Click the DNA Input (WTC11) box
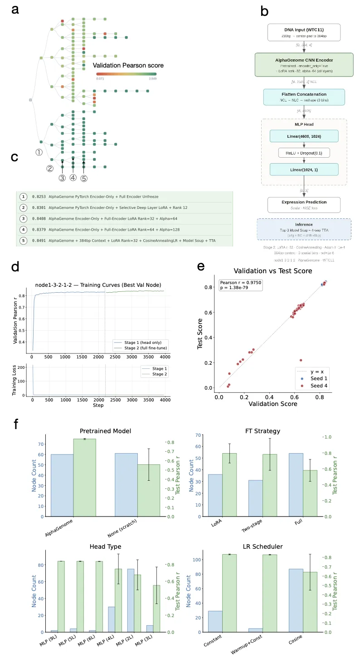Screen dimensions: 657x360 pyautogui.click(x=304, y=33)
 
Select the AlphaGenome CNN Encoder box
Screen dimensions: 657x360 pyautogui.click(x=304, y=65)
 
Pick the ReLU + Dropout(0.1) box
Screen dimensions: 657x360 pyautogui.click(x=304, y=153)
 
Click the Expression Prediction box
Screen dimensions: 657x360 pyautogui.click(x=304, y=205)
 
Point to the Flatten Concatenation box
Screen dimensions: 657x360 pyautogui.click(x=304, y=97)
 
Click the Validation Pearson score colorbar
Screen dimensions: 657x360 pyautogui.click(x=126, y=73)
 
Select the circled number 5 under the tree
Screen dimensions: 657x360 pyautogui.click(x=84, y=179)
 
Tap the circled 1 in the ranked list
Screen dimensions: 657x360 pyautogui.click(x=22, y=197)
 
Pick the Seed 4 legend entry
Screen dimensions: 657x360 pyautogui.click(x=316, y=386)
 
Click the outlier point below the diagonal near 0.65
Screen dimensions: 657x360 pyautogui.click(x=301, y=360)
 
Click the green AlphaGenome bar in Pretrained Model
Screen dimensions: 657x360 pyautogui.click(x=85, y=478)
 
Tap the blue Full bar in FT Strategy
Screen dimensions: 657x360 pyautogui.click(x=296, y=485)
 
